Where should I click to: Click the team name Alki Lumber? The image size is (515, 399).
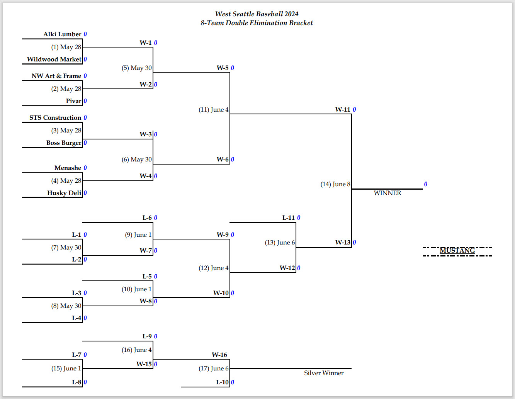[62, 34]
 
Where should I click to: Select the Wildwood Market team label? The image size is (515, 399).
[54, 59]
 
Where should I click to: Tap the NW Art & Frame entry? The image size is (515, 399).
[56, 76]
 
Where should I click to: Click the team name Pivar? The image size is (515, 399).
[73, 101]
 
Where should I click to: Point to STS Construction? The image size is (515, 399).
[55, 118]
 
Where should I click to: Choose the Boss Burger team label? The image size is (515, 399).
[64, 143]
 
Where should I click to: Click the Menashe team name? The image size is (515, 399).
[68, 168]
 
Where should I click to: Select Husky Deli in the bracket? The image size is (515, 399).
[64, 193]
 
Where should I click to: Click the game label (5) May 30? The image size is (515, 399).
[136, 68]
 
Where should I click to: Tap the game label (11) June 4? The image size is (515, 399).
[214, 110]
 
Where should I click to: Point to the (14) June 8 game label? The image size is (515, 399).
[335, 184]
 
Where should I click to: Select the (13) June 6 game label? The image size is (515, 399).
[280, 243]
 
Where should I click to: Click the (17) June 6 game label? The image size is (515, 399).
[214, 368]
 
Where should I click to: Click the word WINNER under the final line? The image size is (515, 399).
[388, 193]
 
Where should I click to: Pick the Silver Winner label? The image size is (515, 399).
[324, 373]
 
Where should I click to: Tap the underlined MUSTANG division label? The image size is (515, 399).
[457, 250]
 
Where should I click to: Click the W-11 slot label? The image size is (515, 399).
[342, 109]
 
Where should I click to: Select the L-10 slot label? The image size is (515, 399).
[222, 382]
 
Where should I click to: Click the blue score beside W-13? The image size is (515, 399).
[354, 243]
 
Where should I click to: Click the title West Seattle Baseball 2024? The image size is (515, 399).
[257, 14]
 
